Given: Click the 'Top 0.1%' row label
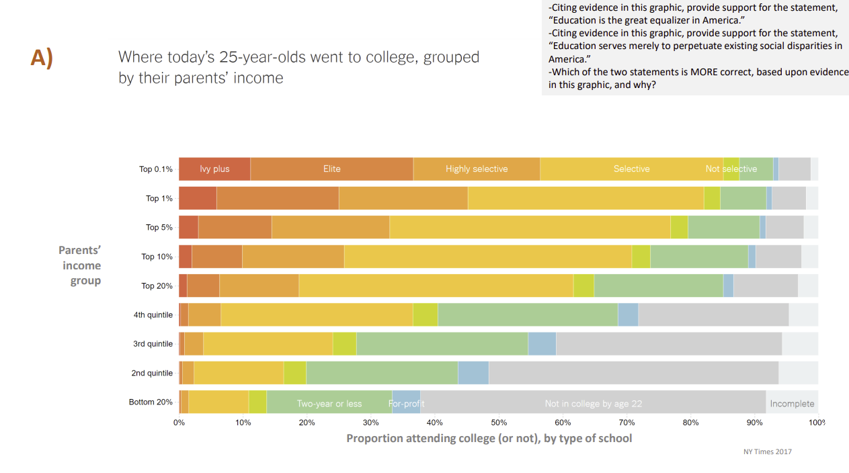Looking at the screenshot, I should pos(156,169).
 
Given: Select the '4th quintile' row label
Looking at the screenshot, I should pos(153,314).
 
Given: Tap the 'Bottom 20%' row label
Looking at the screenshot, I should pos(151,402).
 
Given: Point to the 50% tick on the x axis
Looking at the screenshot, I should pos(499,423).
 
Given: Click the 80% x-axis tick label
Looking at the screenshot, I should pos(690,423).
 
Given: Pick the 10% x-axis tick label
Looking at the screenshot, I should pos(243,423).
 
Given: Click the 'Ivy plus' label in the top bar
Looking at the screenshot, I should pos(214,169).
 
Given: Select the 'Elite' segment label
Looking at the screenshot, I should pos(332,169).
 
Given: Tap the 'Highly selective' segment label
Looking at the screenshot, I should pos(477,169).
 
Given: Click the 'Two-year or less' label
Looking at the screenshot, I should pos(329,404).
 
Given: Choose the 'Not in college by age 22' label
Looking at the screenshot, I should pos(594,404).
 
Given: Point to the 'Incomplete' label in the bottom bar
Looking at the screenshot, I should pos(792,404).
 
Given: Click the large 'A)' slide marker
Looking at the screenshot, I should pos(42,58).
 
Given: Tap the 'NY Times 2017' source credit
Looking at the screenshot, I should pos(762,451).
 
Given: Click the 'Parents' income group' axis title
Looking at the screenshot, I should pos(80,265).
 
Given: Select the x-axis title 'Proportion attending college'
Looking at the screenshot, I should pos(489,439).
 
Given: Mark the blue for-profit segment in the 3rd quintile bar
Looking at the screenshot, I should pos(542,344).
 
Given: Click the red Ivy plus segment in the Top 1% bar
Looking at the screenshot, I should pos(198,198).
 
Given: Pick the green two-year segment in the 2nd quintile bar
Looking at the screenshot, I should pos(382,373).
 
